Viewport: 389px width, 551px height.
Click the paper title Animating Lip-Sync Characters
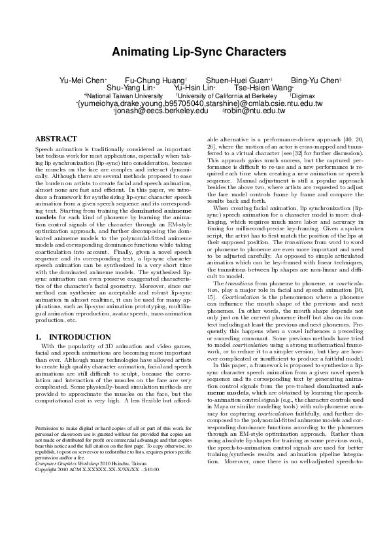click(x=194, y=52)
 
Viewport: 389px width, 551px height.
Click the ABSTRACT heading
click(x=56, y=139)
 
